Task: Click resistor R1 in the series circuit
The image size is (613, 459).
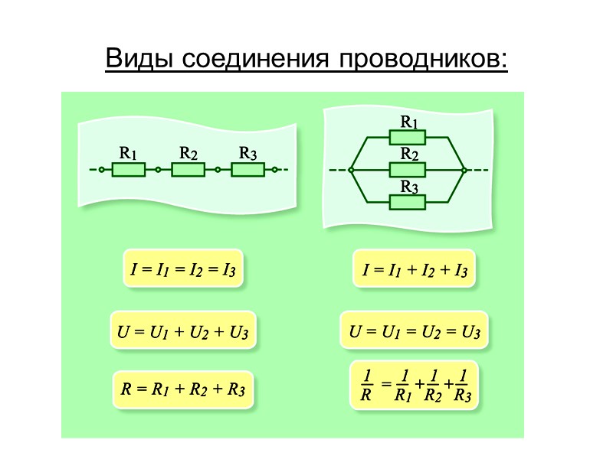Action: [129, 170]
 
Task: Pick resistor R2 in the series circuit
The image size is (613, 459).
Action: [188, 170]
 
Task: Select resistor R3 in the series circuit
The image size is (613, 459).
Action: [247, 170]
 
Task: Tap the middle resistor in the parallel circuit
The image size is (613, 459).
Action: [408, 170]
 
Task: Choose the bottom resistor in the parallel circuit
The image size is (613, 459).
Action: [408, 202]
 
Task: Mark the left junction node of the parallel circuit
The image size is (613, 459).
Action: [351, 170]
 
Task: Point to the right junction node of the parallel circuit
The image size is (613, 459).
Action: [464, 170]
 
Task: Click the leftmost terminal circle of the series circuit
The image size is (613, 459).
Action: [100, 170]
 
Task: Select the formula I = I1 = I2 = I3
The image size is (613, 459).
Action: [183, 269]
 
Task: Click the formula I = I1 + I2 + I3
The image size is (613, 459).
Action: [415, 269]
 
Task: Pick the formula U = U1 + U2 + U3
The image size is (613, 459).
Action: [183, 332]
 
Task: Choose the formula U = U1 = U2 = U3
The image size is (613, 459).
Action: [415, 332]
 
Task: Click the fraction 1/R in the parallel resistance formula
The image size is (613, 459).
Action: [366, 386]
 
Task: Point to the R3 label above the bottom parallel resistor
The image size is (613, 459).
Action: [410, 186]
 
